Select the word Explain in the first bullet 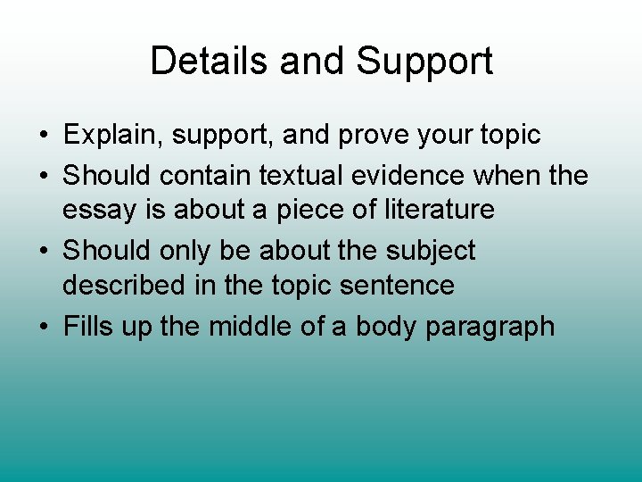pos(112,136)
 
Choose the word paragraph pos(490,328)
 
